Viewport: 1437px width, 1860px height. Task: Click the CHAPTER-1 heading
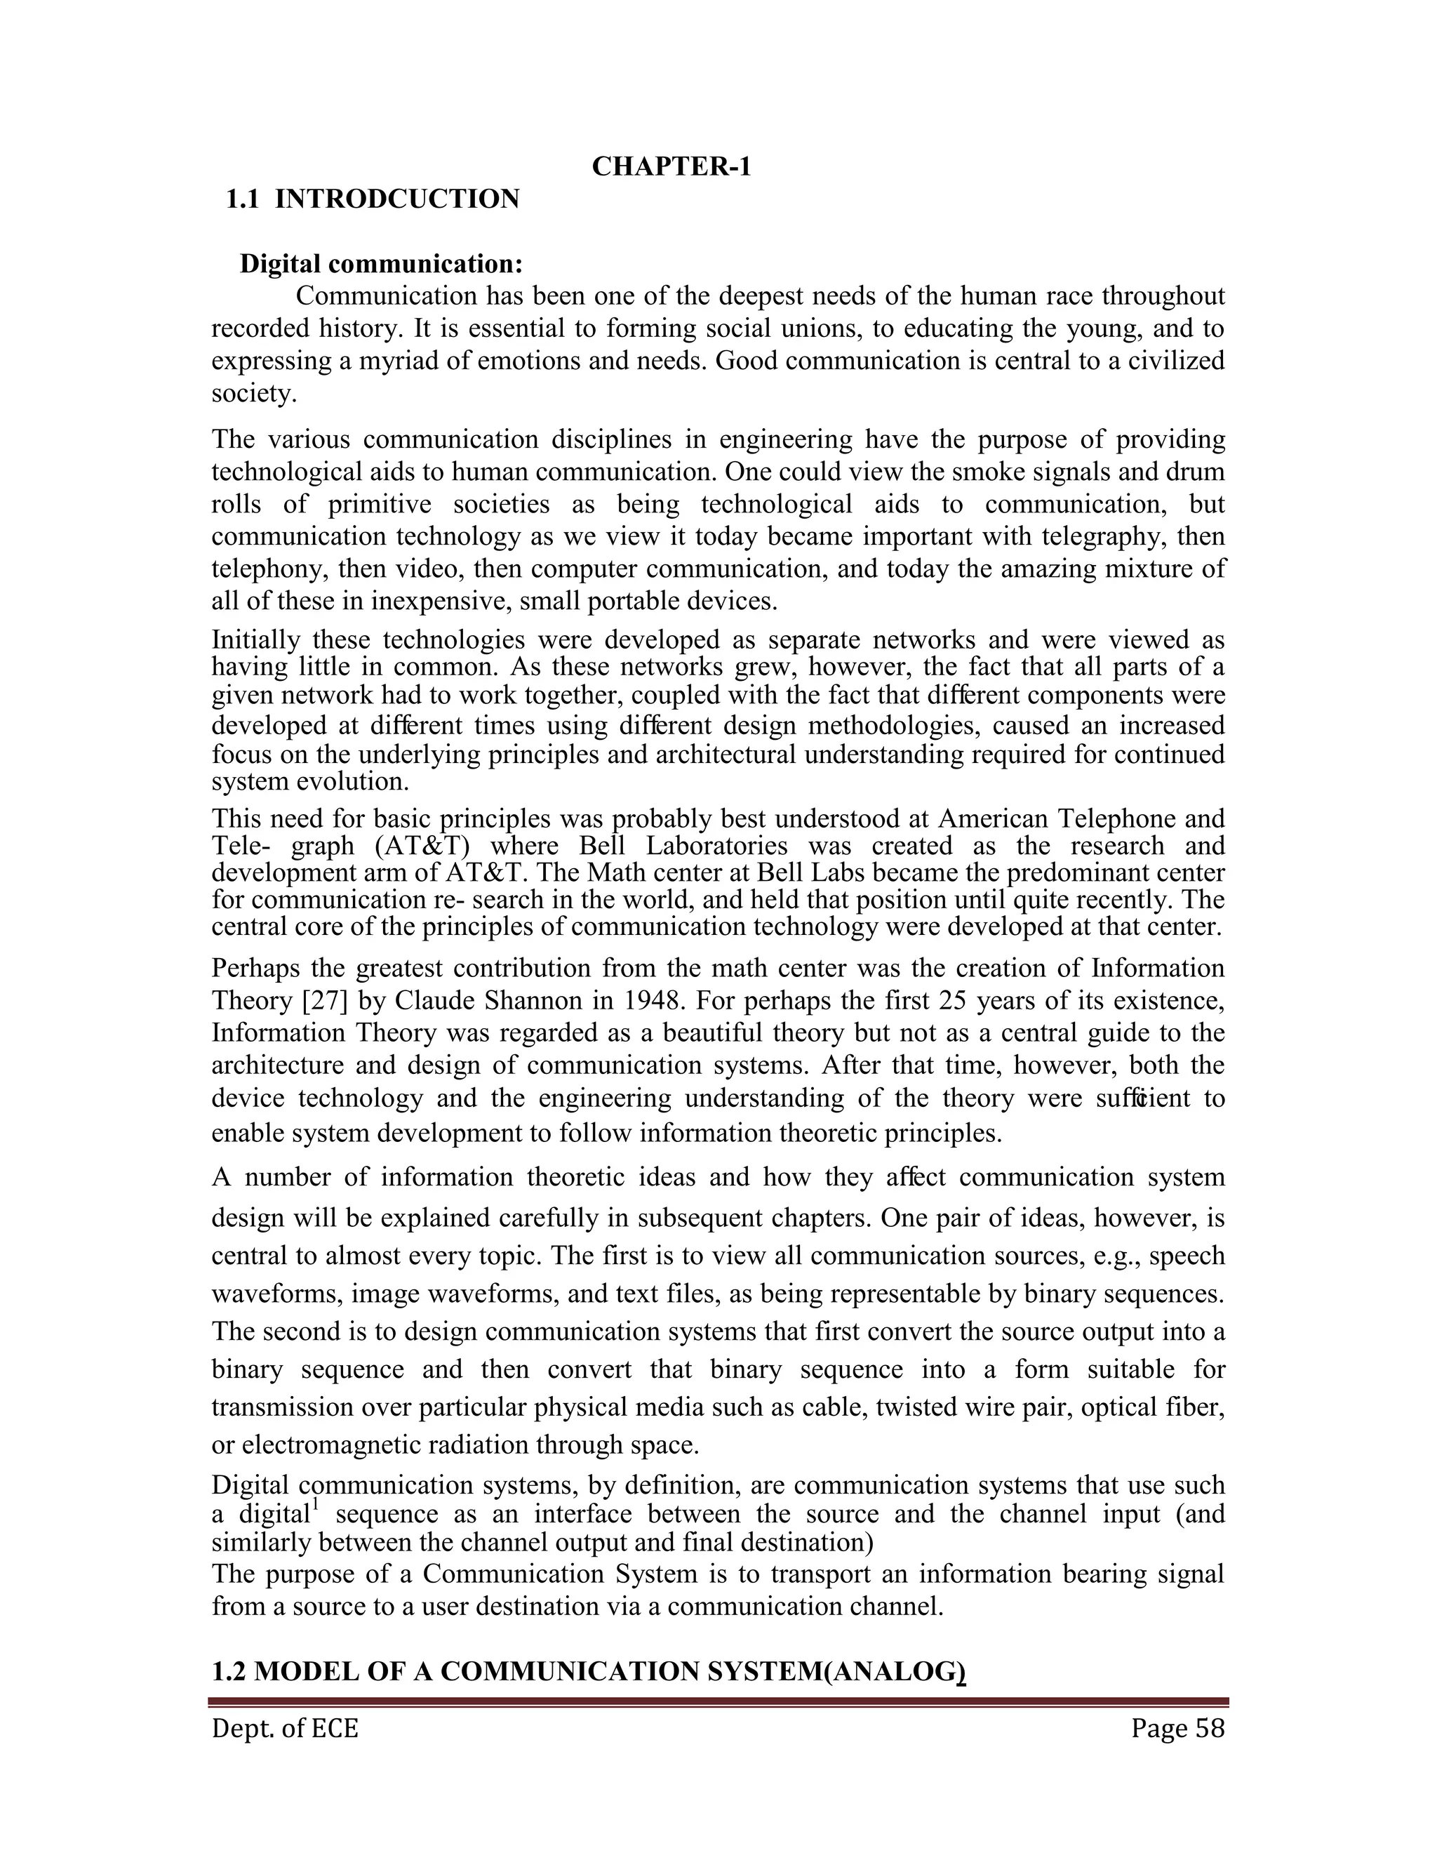coord(671,167)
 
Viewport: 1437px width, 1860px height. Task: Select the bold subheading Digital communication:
coord(382,264)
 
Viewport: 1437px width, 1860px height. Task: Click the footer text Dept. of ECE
coord(285,1728)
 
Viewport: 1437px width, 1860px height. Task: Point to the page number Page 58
coord(1177,1728)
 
